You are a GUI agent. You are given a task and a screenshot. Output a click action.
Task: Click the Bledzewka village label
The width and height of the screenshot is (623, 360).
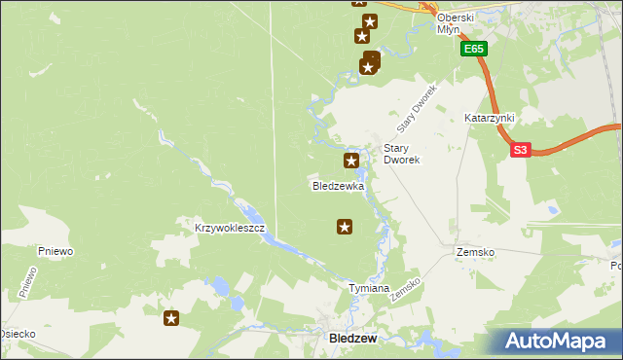(x=338, y=185)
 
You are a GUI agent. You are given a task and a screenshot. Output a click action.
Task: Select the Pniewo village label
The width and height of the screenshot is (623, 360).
(x=56, y=251)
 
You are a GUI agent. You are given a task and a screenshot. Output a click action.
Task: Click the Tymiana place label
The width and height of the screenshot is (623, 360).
(x=369, y=289)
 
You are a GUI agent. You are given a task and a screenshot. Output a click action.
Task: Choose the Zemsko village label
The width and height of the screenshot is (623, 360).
(x=475, y=252)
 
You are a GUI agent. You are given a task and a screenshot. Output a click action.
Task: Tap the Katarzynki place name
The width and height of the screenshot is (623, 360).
(x=489, y=118)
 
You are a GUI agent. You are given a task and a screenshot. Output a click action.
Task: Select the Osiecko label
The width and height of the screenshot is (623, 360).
(x=18, y=334)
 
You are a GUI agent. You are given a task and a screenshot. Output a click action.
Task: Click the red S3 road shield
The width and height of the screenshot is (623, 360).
(x=521, y=150)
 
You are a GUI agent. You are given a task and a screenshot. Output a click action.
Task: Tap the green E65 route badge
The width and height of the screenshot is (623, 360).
(x=474, y=49)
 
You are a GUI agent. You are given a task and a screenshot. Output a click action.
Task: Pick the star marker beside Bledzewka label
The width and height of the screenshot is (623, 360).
(x=351, y=160)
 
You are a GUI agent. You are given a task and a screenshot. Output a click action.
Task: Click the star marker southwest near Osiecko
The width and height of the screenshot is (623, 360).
(x=171, y=318)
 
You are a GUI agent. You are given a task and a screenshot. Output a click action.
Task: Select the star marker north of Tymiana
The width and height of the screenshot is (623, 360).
(x=345, y=227)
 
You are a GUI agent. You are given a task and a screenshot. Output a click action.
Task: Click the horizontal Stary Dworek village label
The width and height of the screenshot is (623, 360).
(x=401, y=154)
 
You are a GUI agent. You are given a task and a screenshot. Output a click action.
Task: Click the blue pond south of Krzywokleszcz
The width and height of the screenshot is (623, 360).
(x=220, y=287)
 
